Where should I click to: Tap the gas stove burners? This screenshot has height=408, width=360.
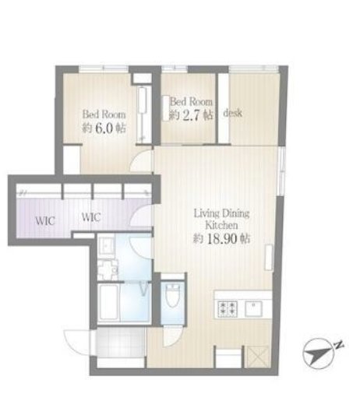(x=227, y=308)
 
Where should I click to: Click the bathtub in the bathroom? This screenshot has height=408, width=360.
(x=109, y=303)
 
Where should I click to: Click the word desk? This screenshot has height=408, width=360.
(x=233, y=113)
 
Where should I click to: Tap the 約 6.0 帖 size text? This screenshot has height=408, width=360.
(x=104, y=128)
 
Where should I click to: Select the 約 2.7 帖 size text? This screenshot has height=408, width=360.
(x=191, y=114)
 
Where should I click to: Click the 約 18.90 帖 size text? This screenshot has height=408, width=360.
(x=221, y=238)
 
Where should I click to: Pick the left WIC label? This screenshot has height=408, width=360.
(x=45, y=221)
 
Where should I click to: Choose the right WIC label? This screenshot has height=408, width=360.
(x=91, y=217)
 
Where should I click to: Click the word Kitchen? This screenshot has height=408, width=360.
(x=221, y=225)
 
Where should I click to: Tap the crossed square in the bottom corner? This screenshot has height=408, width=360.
(x=258, y=357)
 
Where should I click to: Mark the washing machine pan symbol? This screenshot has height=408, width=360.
(x=108, y=270)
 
